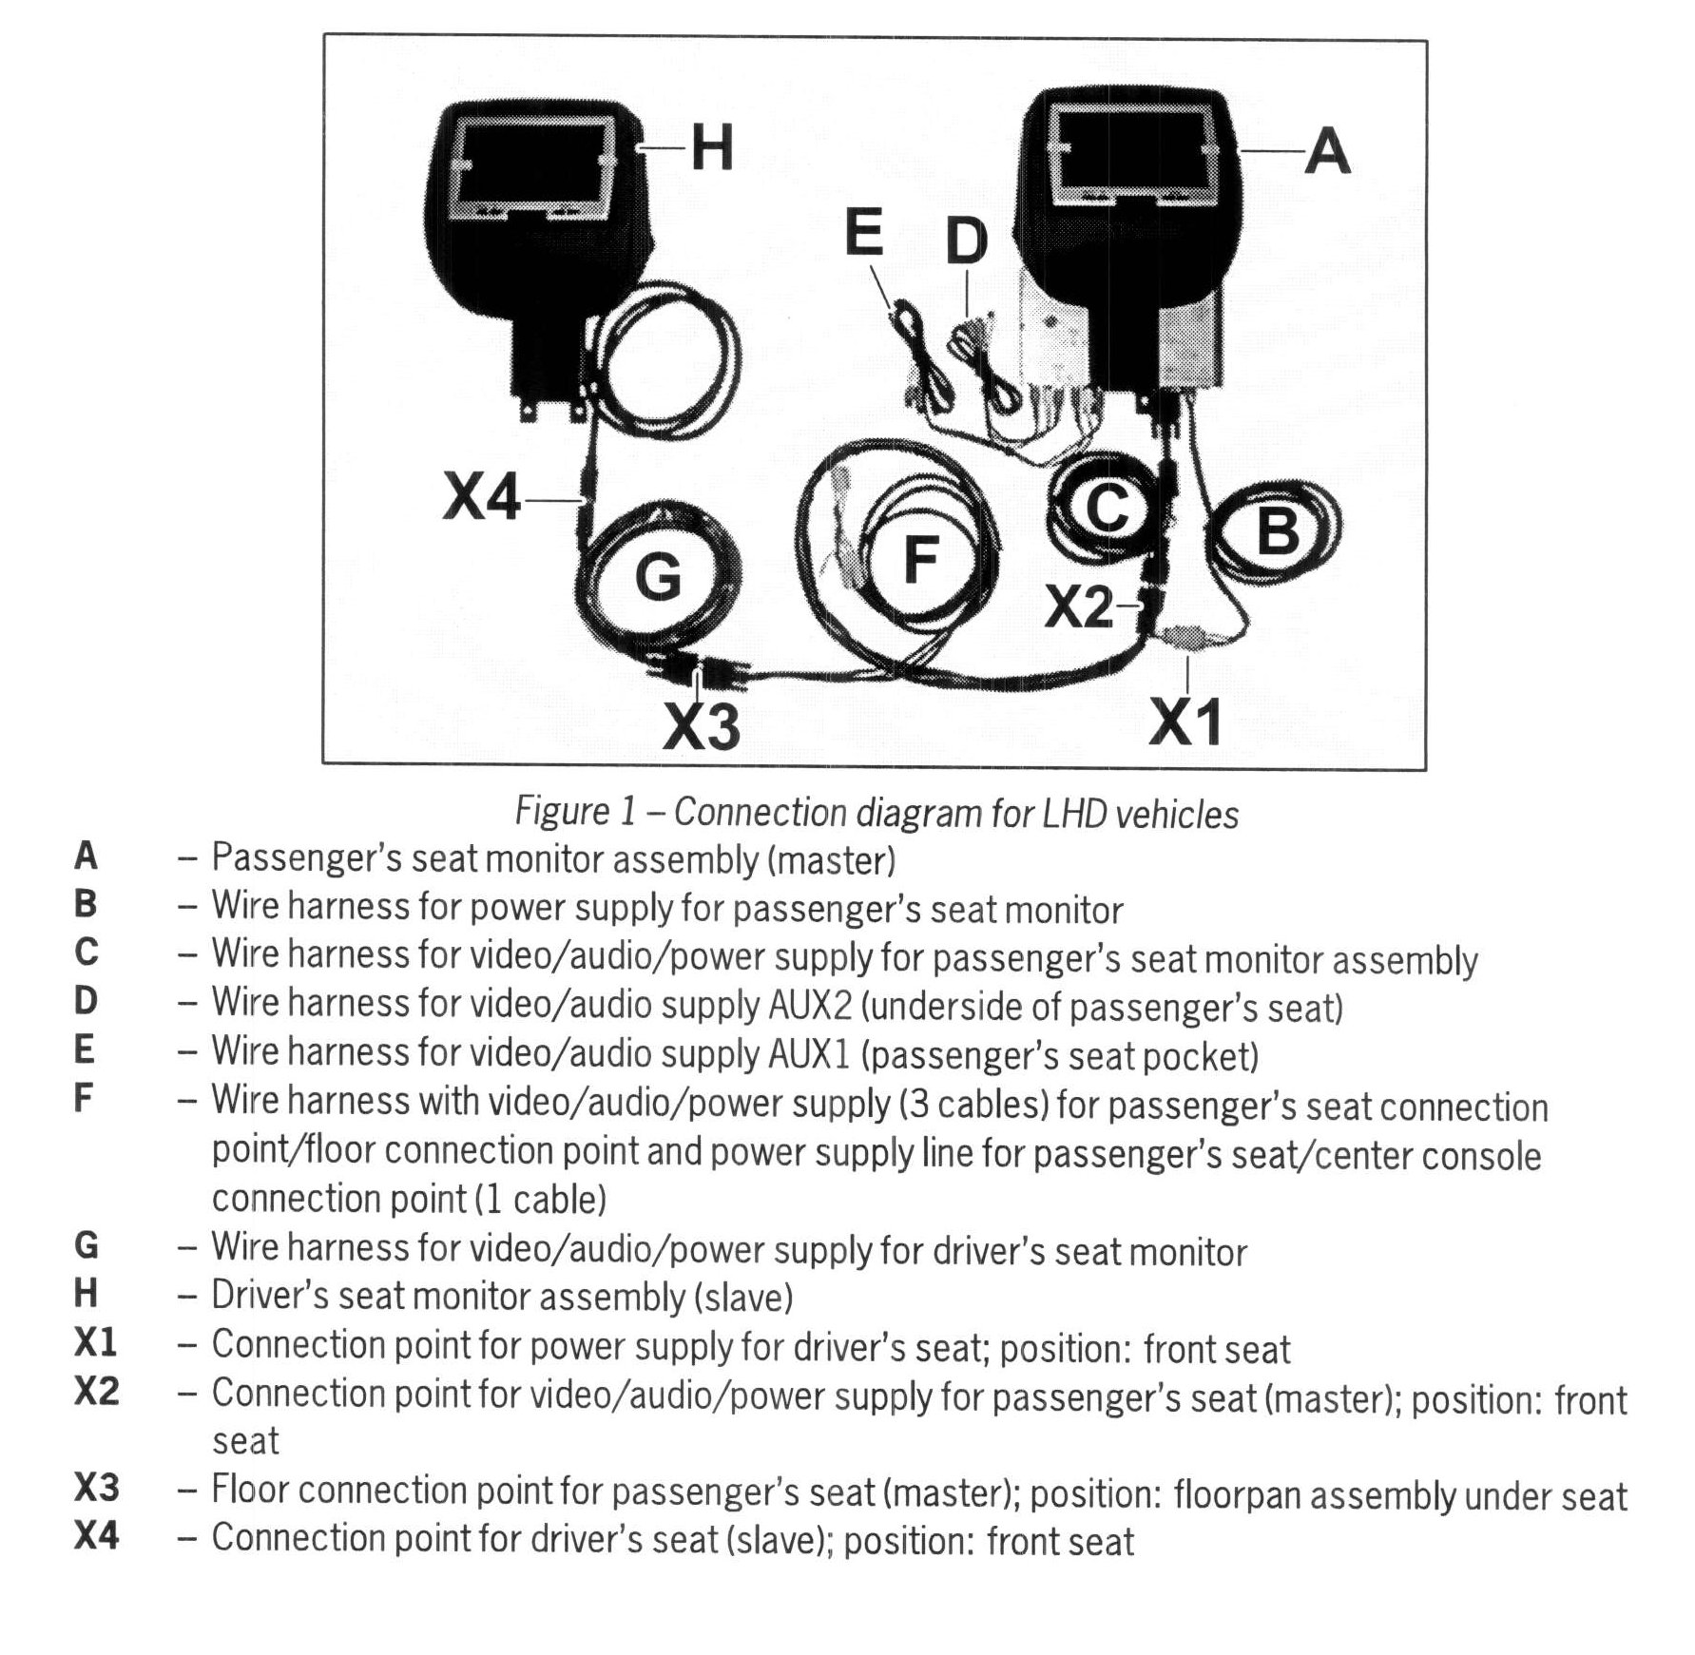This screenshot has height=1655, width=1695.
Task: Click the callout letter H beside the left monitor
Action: coord(712,149)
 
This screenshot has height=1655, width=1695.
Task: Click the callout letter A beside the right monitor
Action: coord(1327,151)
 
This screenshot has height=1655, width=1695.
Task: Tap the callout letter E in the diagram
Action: coord(863,234)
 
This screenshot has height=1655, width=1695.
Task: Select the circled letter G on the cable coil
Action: coord(659,576)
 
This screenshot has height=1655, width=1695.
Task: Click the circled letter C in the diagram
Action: coord(1108,508)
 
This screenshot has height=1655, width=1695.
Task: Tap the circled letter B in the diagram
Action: coord(1277,529)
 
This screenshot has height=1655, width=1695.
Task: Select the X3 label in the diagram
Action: coord(702,726)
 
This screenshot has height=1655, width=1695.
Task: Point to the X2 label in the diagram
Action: coord(1079,607)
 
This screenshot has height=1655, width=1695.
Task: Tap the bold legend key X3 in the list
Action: coord(96,1488)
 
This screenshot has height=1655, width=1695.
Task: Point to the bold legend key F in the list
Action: coord(84,1099)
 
